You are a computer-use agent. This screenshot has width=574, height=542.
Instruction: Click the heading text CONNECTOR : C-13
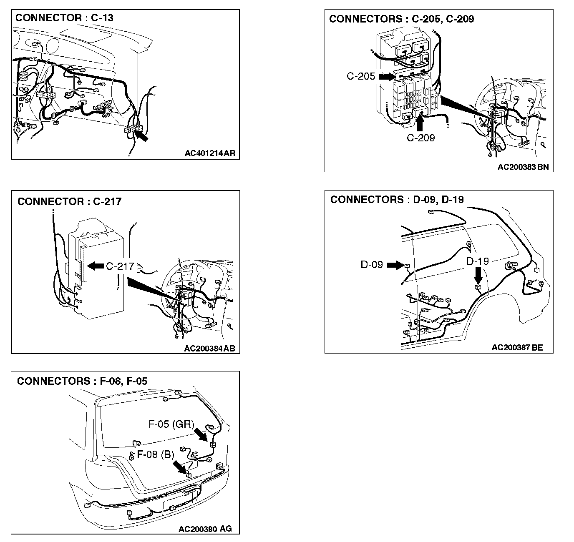coord(64,18)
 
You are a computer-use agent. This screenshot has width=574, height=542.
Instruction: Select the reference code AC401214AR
coord(210,153)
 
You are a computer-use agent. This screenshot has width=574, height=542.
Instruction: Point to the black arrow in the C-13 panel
coord(141,135)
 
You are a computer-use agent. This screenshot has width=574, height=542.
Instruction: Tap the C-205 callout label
coord(361,76)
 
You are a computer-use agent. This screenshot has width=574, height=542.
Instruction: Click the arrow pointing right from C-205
coord(387,77)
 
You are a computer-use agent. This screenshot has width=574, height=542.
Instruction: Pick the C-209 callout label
coord(421,138)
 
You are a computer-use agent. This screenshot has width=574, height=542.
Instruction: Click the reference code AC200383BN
coord(523,167)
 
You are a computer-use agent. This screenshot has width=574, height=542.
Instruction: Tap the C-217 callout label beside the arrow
coord(120,266)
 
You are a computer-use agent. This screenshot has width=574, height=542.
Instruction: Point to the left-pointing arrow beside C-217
coord(96,266)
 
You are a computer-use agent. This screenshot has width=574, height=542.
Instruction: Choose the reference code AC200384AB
coord(210,349)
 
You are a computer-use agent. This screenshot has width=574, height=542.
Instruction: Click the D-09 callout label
coord(372,265)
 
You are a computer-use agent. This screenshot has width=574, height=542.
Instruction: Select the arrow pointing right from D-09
coord(395,265)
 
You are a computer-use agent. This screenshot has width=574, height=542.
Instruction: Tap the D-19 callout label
coord(478,261)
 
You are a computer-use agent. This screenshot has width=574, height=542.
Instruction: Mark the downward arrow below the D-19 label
coord(478,276)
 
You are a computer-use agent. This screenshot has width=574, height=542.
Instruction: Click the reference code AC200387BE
coord(517,347)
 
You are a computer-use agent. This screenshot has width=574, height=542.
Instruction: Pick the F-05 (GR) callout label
coord(171,424)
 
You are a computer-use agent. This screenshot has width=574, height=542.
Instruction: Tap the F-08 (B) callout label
coord(156,454)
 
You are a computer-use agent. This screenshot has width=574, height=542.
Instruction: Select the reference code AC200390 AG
coord(205,529)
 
